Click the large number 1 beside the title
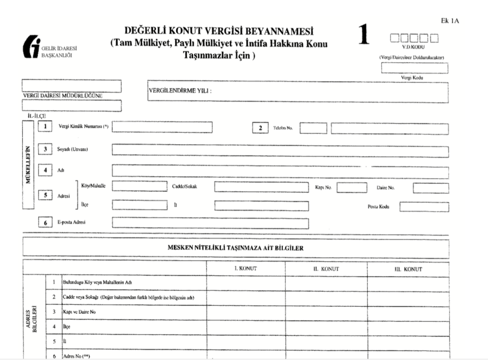coord(364,37)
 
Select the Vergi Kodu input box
coord(414,68)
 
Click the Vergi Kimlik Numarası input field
coord(162,127)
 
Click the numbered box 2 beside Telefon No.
coord(260,128)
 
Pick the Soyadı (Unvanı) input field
coord(280,150)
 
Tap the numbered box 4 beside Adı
coord(45,170)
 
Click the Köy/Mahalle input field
coord(139,187)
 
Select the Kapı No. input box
coord(352,187)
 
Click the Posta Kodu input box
coord(424,206)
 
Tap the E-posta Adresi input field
coord(210,223)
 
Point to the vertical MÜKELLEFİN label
coord(28,164)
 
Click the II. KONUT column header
coord(326,269)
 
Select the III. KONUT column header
coord(408,269)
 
